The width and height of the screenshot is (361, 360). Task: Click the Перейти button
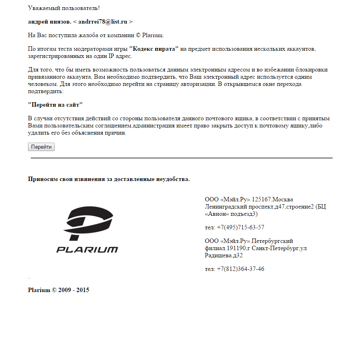pyautogui.click(x=41, y=147)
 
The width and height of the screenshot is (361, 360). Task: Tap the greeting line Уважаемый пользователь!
pyautogui.click(x=64, y=8)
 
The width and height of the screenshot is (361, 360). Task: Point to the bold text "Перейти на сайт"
pyautogui.click(x=55, y=105)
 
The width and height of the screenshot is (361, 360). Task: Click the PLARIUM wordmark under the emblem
pyautogui.click(x=87, y=250)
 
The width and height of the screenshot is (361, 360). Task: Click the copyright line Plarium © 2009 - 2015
pyautogui.click(x=58, y=290)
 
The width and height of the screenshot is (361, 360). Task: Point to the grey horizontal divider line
pyautogui.click(x=181, y=158)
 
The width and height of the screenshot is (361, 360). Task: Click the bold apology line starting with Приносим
pyautogui.click(x=109, y=179)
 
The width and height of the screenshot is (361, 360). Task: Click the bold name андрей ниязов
pyautogui.click(x=49, y=22)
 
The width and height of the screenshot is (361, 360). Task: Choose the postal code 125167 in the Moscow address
pyautogui.click(x=261, y=199)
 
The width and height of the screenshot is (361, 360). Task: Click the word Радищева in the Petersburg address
pyautogui.click(x=218, y=255)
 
